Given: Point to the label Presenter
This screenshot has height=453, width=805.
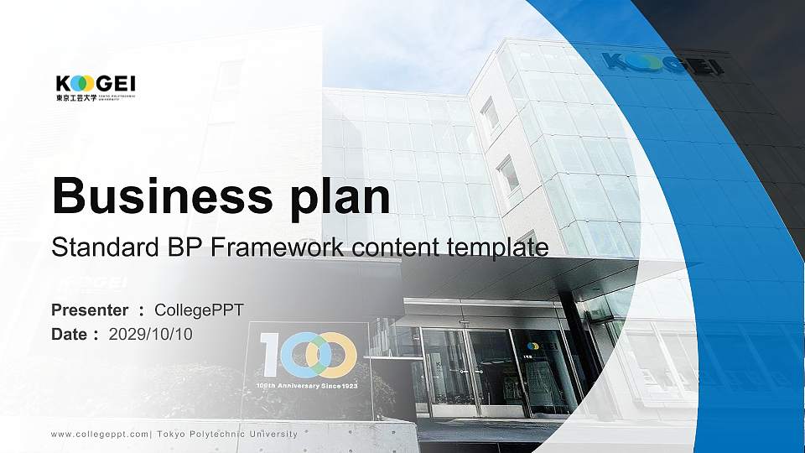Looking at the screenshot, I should coord(90,310).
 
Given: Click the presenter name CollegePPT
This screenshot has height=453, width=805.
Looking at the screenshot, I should coord(200,310).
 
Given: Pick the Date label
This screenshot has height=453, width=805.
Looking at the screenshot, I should coord(70,334).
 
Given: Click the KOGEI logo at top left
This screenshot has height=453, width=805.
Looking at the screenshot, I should coord(95,84).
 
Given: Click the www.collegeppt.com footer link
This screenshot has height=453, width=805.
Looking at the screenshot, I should coord(101,434).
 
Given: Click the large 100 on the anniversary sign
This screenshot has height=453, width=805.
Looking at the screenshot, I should coord(306,354).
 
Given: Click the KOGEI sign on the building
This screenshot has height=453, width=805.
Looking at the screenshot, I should coord(662,64).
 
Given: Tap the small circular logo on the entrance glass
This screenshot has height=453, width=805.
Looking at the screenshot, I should coord(532,345).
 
